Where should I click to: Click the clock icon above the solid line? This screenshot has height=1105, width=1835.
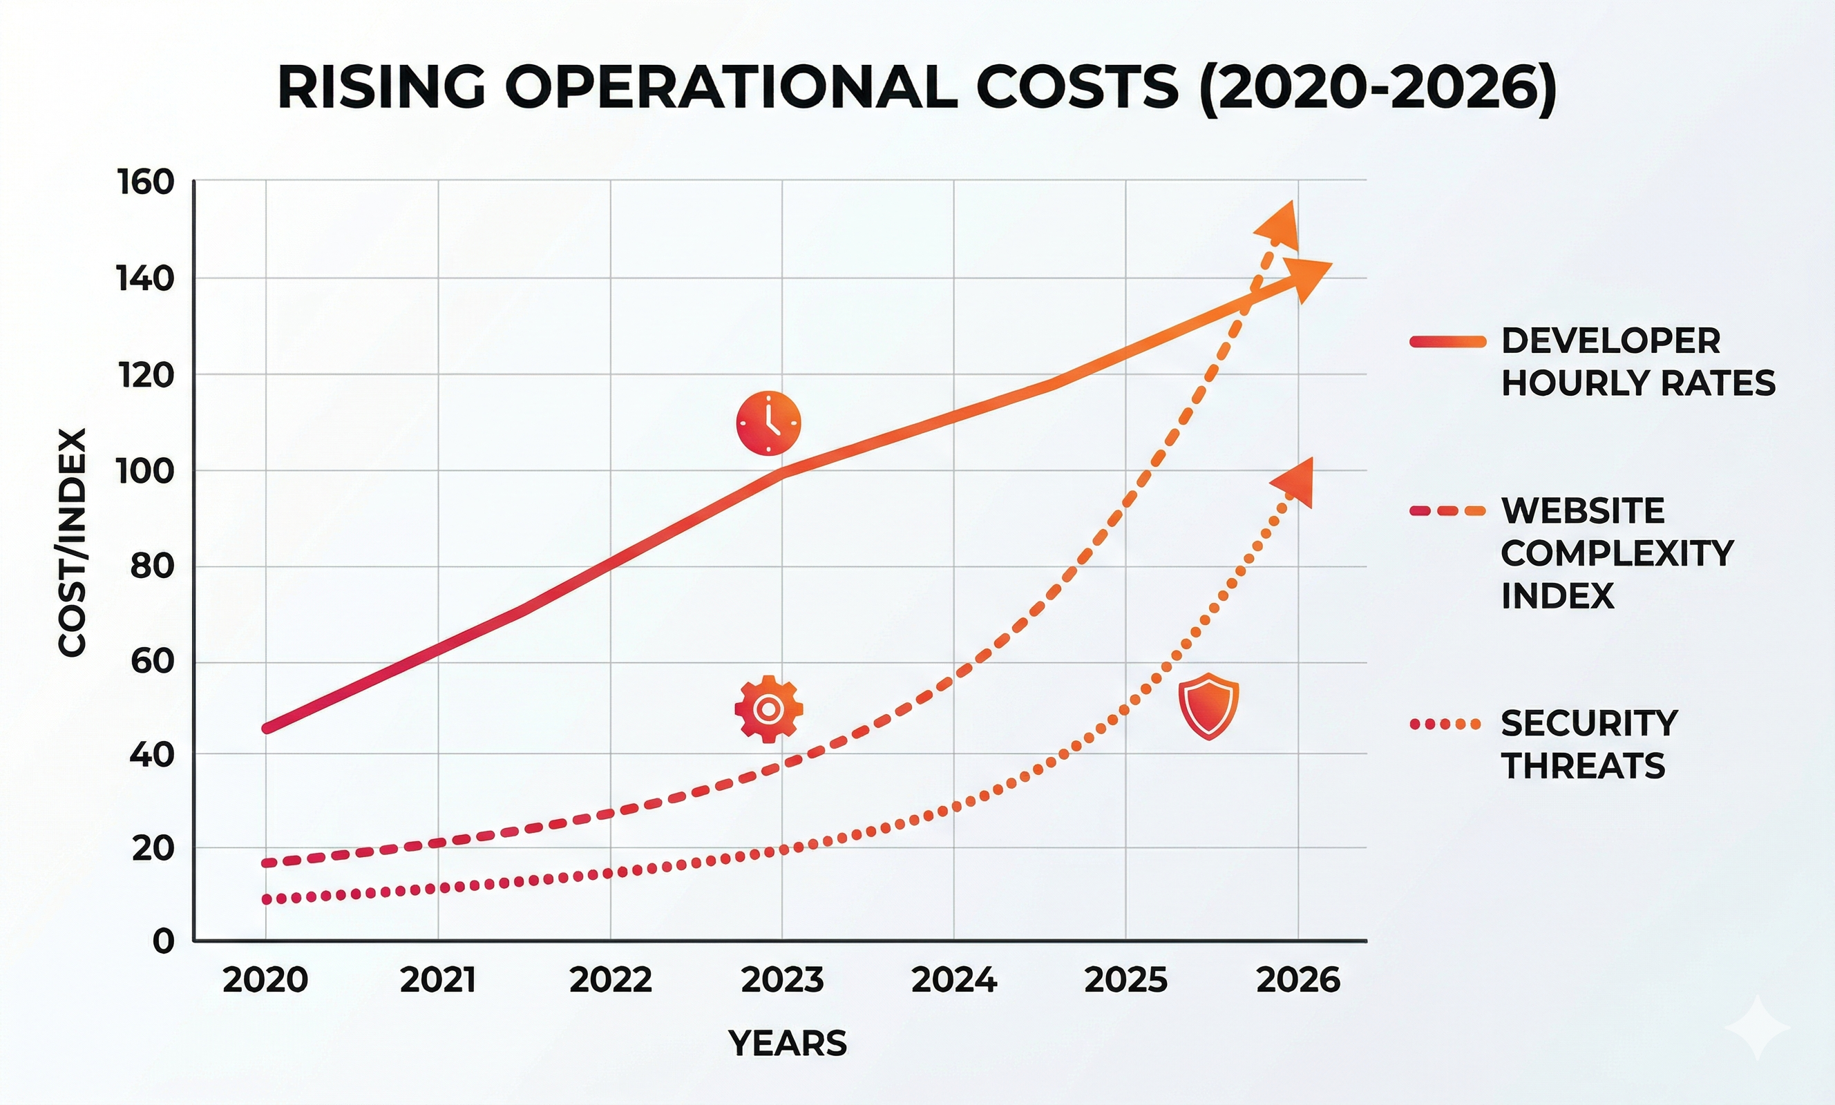click(x=768, y=423)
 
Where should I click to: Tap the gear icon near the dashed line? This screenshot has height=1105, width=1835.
click(x=768, y=709)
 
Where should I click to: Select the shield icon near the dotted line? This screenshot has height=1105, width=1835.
click(x=1208, y=705)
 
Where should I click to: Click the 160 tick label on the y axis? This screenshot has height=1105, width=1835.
click(x=145, y=182)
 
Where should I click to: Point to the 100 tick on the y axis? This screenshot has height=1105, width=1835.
click(x=145, y=471)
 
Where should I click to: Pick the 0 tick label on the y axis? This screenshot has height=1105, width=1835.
click(x=164, y=941)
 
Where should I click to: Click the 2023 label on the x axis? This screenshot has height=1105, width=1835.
click(x=782, y=980)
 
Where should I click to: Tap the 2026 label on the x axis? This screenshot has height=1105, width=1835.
click(x=1298, y=980)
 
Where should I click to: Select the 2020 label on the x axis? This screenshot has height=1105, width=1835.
click(x=265, y=980)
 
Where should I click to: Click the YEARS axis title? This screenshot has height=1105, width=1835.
click(x=787, y=1044)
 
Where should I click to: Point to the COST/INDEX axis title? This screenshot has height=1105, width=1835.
click(x=73, y=542)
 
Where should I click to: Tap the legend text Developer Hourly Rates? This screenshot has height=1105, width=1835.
click(x=1637, y=362)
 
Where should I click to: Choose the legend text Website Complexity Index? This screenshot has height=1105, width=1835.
click(x=1616, y=552)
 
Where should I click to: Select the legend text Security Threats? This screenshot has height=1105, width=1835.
click(x=1589, y=744)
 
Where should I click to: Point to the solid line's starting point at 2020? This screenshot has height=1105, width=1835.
click(x=267, y=728)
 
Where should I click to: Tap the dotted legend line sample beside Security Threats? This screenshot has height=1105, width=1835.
click(x=1445, y=724)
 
